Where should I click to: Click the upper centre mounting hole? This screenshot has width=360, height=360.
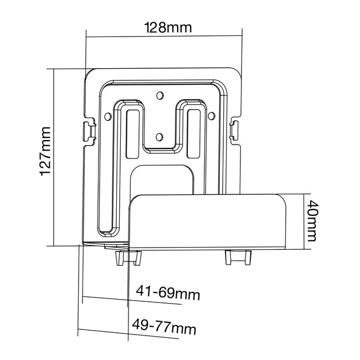pyautogui.click(x=160, y=95)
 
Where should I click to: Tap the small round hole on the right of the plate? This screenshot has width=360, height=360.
pyautogui.click(x=211, y=116)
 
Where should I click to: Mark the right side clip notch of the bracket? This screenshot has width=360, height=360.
pyautogui.click(x=234, y=129)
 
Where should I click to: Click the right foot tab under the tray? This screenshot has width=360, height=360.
pyautogui.click(x=238, y=258)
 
